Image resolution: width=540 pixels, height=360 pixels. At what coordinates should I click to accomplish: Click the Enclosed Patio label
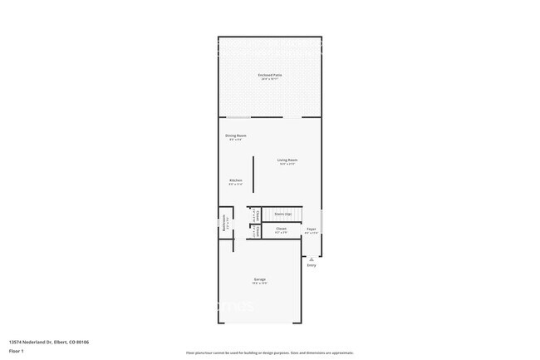(x=270, y=75)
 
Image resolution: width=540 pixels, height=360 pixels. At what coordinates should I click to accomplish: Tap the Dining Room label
(x=236, y=136)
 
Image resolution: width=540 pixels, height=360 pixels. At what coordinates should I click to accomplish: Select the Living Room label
(x=287, y=160)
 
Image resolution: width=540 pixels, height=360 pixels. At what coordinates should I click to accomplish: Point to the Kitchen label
(x=236, y=180)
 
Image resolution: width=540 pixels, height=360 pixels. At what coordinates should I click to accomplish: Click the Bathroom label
(x=224, y=222)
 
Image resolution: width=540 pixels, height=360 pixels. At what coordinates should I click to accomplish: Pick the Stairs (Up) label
(x=282, y=214)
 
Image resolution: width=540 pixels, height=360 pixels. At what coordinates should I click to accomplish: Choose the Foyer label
(x=312, y=229)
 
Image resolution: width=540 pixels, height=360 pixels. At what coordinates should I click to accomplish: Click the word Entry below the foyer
(x=312, y=265)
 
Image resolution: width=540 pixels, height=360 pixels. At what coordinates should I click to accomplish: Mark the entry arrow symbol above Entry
(x=312, y=259)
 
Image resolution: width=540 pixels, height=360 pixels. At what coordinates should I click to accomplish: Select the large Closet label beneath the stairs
(x=282, y=229)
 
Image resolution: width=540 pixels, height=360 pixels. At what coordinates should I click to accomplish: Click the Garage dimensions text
(x=260, y=284)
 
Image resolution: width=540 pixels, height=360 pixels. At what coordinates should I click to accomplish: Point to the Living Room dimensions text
(x=287, y=164)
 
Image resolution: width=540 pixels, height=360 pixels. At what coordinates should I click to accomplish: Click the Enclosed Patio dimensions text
(x=270, y=79)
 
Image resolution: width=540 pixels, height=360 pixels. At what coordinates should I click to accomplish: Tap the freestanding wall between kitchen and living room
(x=254, y=175)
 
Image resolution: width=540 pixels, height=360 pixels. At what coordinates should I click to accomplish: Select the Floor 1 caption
(x=17, y=351)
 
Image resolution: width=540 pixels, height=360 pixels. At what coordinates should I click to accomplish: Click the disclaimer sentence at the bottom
(x=270, y=353)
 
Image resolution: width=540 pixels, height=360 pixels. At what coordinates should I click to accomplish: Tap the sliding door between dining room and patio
(x=238, y=117)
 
